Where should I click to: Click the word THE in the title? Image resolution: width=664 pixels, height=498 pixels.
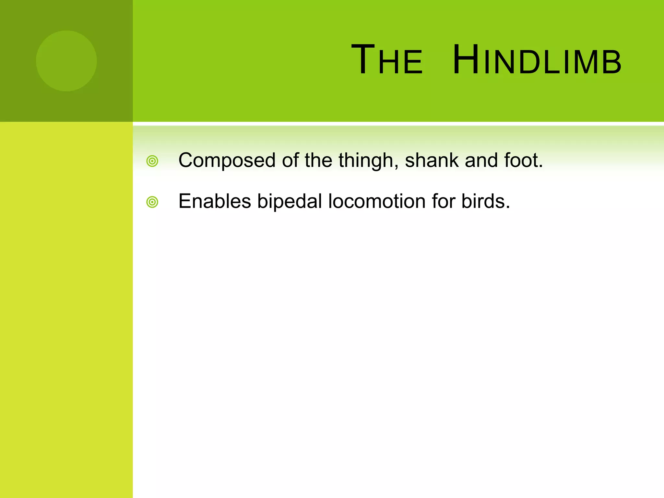(x=387, y=60)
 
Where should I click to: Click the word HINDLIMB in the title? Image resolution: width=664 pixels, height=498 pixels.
(x=537, y=60)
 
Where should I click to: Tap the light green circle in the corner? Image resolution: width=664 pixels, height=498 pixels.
(x=66, y=61)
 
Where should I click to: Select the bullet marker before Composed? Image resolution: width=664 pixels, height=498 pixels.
(x=152, y=161)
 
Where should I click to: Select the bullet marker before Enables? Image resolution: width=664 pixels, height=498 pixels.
(x=152, y=202)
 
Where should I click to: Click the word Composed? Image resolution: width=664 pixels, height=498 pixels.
(x=227, y=161)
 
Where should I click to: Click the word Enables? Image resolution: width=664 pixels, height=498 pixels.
(x=215, y=201)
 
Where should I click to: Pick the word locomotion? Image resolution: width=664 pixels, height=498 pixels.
(x=376, y=201)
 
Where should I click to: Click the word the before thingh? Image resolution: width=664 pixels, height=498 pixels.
(x=318, y=160)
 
